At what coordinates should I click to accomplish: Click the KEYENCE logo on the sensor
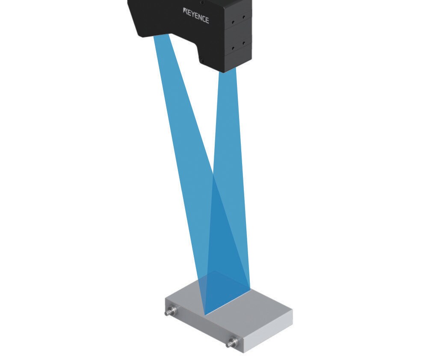(195, 16)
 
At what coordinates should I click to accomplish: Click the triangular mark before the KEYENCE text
(184, 11)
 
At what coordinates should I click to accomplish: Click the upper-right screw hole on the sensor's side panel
(243, 17)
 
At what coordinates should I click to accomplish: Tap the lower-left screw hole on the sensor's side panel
(233, 49)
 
